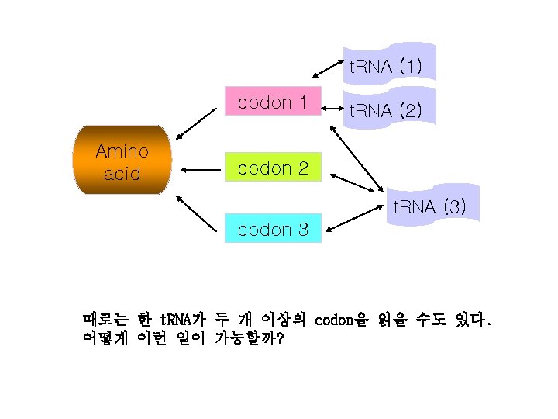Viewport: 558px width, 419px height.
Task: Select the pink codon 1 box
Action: [272, 102]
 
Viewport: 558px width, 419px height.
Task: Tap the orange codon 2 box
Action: [272, 167]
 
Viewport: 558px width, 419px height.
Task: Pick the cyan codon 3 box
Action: [273, 229]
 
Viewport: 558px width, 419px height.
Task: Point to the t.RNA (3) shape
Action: [428, 206]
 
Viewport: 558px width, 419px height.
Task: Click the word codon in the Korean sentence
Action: [332, 318]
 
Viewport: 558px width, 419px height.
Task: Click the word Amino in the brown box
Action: [122, 151]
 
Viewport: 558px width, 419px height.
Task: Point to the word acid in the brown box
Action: [122, 173]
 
